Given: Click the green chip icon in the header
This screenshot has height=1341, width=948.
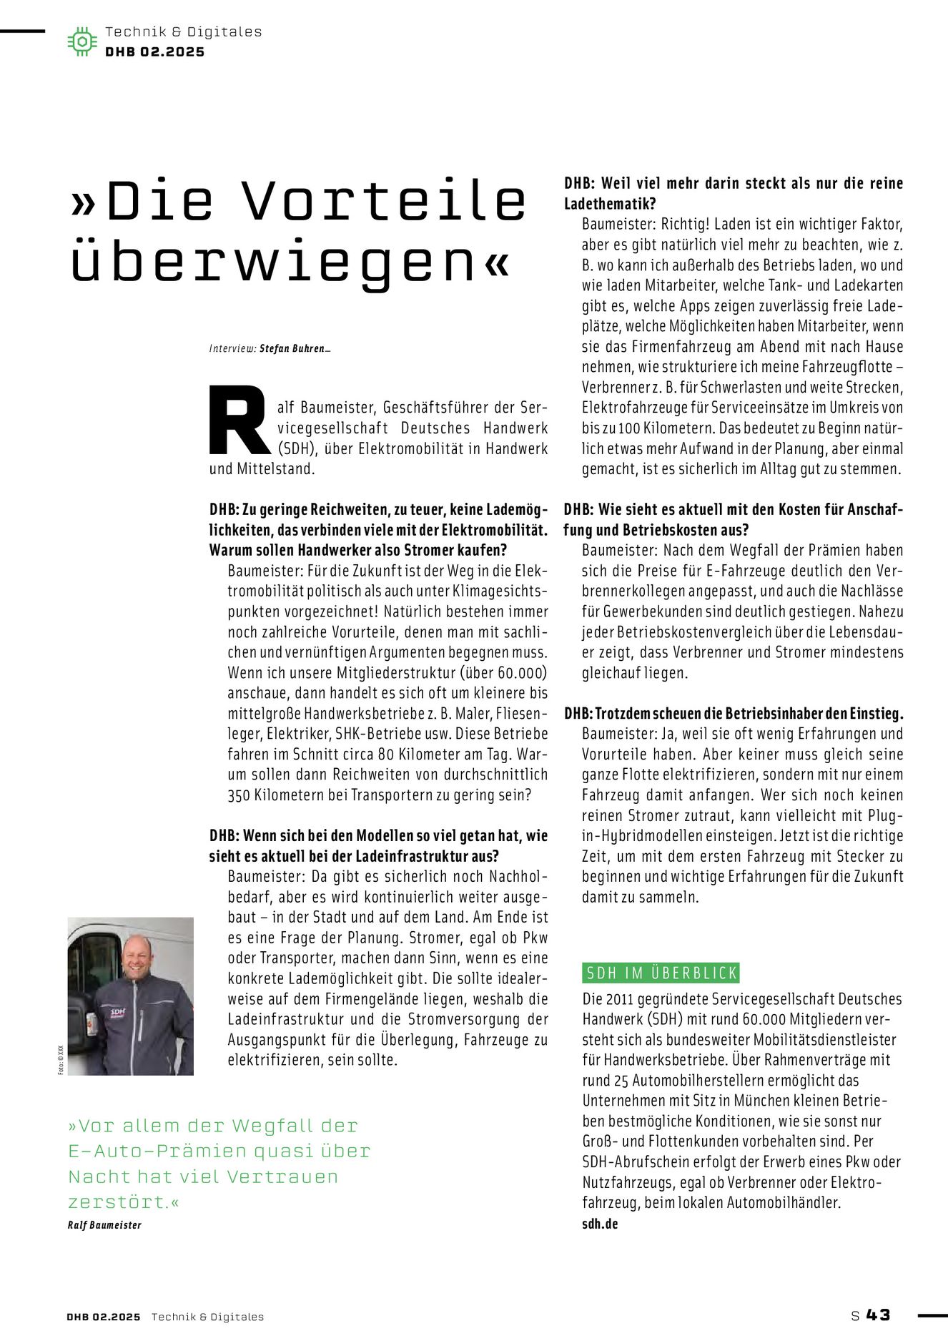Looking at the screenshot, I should (x=82, y=41).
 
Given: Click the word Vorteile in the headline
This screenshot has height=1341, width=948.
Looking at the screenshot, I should (x=385, y=201).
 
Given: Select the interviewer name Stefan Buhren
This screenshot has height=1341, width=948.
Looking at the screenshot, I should (x=292, y=349).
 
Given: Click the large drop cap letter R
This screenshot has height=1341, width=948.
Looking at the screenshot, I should (x=239, y=421).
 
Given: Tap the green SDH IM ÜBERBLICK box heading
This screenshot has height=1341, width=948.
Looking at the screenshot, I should (x=661, y=973).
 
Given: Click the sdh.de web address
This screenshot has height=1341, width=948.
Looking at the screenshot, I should (x=600, y=1224).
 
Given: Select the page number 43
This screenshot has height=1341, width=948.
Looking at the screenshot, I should (x=878, y=1315).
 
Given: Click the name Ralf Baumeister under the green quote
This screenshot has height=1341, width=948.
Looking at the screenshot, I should (x=104, y=1225).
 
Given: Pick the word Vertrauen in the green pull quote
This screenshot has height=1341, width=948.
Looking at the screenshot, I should (x=288, y=1177).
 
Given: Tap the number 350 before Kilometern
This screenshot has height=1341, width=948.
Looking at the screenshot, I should (x=239, y=795).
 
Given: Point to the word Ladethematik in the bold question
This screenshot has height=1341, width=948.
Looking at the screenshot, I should (x=610, y=204).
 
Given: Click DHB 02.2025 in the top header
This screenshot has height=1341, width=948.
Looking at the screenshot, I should (x=154, y=52).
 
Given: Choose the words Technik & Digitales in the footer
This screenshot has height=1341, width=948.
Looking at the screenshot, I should (x=207, y=1317).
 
